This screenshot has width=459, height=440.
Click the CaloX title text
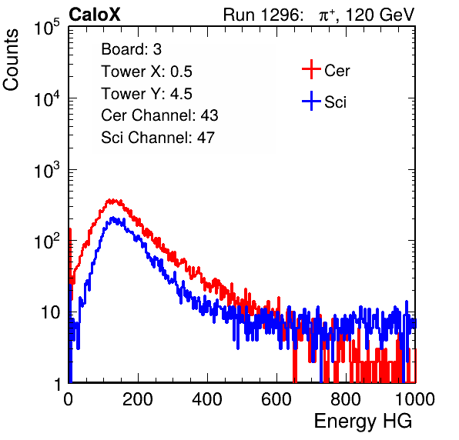point(95,15)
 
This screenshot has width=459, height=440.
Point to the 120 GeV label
point(380,15)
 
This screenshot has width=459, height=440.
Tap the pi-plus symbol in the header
point(327,15)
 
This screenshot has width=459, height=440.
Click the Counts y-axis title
point(11,60)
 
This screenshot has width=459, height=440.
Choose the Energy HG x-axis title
point(363,422)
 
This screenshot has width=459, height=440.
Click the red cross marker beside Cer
point(311,69)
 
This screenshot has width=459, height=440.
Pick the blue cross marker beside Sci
point(311,101)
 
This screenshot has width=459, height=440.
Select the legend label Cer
point(337,71)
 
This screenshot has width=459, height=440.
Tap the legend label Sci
point(336,102)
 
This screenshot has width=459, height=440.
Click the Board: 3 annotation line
point(131,49)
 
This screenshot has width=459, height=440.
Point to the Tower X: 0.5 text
point(146,72)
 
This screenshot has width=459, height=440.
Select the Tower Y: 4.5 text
point(146,94)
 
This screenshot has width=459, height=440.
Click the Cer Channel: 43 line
point(159,115)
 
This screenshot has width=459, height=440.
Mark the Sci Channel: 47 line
point(158,138)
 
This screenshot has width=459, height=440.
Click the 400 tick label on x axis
point(207,399)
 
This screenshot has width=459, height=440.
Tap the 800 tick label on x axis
point(346,399)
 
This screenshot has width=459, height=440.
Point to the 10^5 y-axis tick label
point(47,28)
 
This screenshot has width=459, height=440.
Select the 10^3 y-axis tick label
point(47,170)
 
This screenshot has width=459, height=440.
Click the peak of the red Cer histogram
point(111,201)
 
